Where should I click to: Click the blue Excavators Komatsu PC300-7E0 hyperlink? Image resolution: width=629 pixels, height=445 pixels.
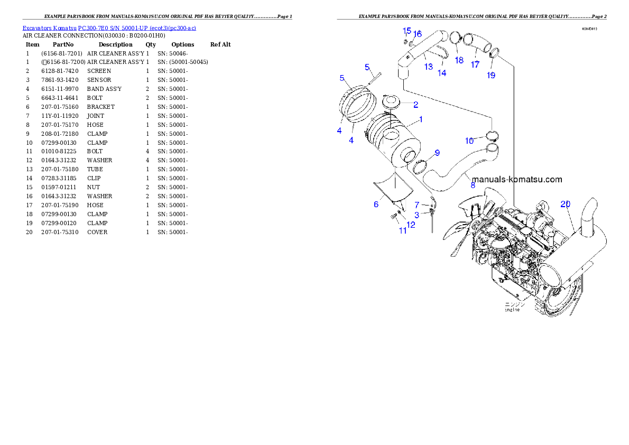(x=109, y=27)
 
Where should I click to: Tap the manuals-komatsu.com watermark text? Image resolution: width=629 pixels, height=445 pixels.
(x=517, y=180)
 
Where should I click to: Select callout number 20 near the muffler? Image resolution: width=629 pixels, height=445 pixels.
(x=565, y=204)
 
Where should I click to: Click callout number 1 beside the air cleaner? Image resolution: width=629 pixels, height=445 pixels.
(x=420, y=119)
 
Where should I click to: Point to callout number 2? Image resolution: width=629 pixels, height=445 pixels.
(x=415, y=105)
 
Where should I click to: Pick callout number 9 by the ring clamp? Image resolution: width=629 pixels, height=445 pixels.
(x=437, y=153)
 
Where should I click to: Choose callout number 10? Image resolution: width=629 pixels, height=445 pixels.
(x=469, y=141)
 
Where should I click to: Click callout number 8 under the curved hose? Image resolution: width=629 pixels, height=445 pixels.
(x=473, y=185)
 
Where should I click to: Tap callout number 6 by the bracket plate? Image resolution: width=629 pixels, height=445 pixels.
(x=376, y=204)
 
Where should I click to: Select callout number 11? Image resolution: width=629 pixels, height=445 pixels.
(x=403, y=230)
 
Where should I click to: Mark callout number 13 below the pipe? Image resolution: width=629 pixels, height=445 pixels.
(x=428, y=67)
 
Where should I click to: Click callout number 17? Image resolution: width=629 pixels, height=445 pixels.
(x=475, y=64)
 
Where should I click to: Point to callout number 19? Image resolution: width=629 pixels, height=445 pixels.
(x=491, y=75)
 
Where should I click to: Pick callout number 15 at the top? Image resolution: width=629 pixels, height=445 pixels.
(x=406, y=31)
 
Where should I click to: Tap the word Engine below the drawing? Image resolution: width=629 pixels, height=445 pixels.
(x=512, y=310)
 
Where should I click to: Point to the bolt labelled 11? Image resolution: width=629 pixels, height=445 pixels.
(x=394, y=217)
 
